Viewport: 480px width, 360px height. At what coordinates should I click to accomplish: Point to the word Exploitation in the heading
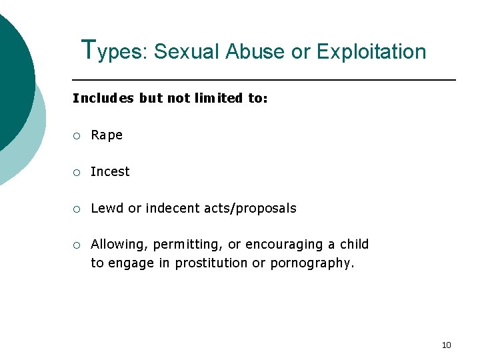371,51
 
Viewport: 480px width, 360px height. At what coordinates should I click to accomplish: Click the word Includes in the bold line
103,98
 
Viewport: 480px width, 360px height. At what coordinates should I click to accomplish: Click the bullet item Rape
107,135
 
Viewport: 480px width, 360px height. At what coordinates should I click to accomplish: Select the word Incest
110,171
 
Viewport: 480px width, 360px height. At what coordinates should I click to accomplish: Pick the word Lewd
107,208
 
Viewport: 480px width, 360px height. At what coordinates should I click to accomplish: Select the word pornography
312,263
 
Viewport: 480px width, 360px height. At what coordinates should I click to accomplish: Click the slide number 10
446,345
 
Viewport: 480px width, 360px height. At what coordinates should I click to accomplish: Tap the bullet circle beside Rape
77,136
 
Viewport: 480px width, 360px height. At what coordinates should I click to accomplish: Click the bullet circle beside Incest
77,172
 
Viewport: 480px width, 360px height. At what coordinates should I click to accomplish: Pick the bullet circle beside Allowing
77,245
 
